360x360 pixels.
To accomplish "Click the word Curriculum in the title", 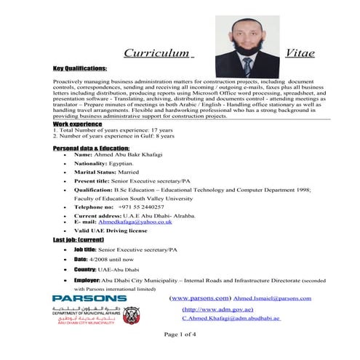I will point(156,53).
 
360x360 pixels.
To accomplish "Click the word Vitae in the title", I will point(300,53).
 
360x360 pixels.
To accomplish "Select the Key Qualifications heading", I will point(79,68).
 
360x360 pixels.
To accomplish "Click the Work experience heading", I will point(76,124).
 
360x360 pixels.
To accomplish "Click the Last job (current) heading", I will point(78,239).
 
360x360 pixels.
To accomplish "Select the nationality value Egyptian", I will point(129,164).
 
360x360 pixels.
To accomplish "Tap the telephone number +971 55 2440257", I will point(151,207).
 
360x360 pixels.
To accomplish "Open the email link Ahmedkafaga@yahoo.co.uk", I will point(151,222).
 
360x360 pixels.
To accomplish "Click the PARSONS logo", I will point(89,298).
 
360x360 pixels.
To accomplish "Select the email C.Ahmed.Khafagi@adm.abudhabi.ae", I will point(231,319).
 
